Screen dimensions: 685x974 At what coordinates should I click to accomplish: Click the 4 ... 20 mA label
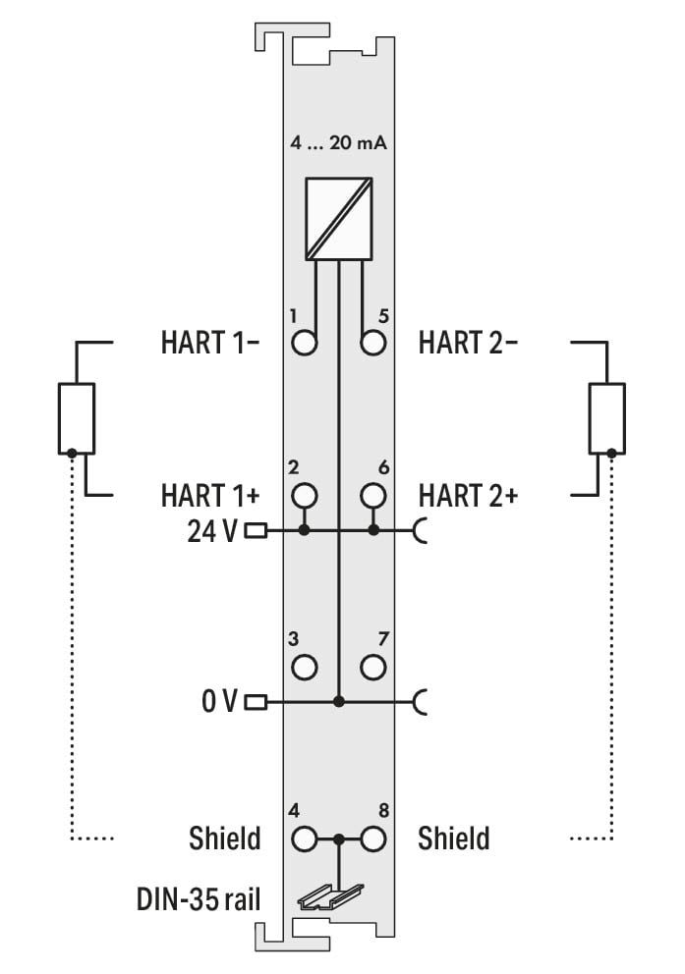pyautogui.click(x=338, y=143)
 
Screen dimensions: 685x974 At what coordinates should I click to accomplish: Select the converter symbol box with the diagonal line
pyautogui.click(x=338, y=219)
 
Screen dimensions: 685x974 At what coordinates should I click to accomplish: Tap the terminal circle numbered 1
pyautogui.click(x=305, y=343)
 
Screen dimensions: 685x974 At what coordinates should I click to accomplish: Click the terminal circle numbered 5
pyautogui.click(x=372, y=343)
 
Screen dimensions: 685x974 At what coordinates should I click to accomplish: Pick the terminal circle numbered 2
pyautogui.click(x=305, y=495)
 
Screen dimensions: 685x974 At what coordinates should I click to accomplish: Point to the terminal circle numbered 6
pyautogui.click(x=372, y=495)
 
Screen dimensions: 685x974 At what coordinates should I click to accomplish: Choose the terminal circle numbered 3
pyautogui.click(x=305, y=667)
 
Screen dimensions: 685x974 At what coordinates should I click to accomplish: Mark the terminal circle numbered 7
pyautogui.click(x=372, y=667)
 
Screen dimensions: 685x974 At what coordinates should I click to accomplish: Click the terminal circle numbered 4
pyautogui.click(x=305, y=839)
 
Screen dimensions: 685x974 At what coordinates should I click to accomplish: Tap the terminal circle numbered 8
pyautogui.click(x=372, y=839)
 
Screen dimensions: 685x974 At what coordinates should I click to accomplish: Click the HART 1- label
pyautogui.click(x=209, y=343)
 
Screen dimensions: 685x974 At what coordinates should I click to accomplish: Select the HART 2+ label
pyautogui.click(x=468, y=496)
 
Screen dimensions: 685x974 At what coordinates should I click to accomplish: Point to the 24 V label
pyautogui.click(x=212, y=532)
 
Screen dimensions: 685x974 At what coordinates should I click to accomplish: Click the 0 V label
pyautogui.click(x=219, y=701)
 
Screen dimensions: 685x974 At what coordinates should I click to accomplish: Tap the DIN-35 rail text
pyautogui.click(x=199, y=899)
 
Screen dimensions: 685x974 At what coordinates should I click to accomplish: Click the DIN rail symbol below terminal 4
pyautogui.click(x=330, y=897)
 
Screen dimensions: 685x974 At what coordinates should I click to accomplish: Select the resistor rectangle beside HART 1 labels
pyautogui.click(x=77, y=418)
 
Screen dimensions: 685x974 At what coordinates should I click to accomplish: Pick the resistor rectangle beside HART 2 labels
pyautogui.click(x=606, y=418)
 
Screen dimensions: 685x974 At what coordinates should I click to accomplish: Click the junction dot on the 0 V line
pyautogui.click(x=339, y=702)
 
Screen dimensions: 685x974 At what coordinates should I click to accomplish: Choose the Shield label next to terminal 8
pyautogui.click(x=454, y=839)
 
